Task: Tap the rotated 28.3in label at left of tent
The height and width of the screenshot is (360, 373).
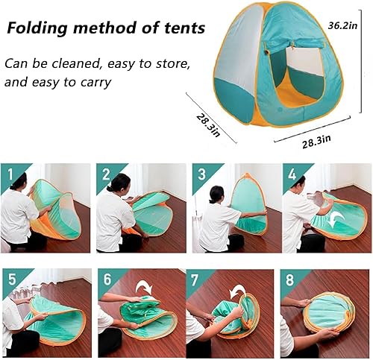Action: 209,120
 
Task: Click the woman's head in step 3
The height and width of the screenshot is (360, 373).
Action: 217,194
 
